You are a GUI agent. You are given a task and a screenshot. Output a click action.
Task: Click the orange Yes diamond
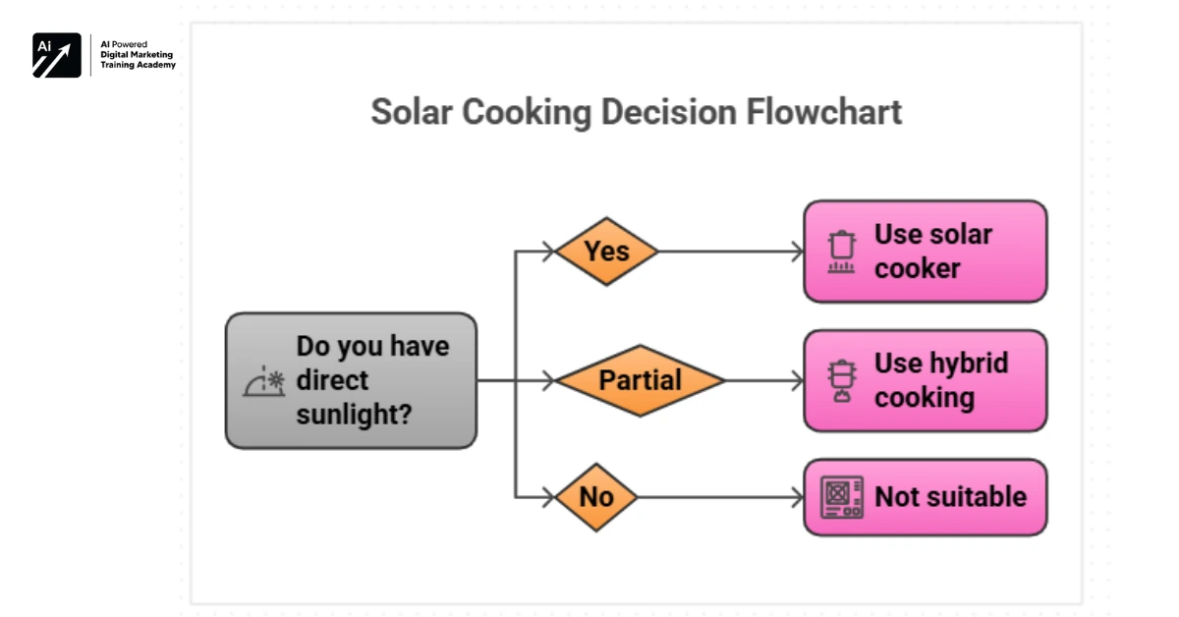pos(606,252)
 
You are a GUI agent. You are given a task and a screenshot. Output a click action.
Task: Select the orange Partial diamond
pos(640,380)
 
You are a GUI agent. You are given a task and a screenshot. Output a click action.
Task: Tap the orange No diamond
pos(596,497)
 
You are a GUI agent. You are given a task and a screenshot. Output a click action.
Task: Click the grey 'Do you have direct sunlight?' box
pos(351,380)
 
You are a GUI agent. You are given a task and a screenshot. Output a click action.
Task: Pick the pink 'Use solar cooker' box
pos(925,252)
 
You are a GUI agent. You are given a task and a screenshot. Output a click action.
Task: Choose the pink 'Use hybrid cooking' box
pos(925,380)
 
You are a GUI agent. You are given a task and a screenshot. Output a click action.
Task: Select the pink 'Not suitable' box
pos(925,497)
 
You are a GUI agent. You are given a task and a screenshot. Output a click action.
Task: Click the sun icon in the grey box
pos(264,382)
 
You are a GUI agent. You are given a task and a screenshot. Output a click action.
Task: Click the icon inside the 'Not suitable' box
pos(842,497)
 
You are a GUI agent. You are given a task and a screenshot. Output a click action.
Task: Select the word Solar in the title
pos(412,112)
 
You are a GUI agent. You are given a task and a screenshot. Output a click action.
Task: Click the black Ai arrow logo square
pos(57,55)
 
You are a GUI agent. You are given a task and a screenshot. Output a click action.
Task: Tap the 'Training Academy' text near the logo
pos(138,65)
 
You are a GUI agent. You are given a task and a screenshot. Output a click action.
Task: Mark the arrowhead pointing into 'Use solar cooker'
pos(797,252)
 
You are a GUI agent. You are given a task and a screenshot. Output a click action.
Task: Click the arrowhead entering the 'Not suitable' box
pos(797,497)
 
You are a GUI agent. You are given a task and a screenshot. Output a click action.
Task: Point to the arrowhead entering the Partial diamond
pos(548,380)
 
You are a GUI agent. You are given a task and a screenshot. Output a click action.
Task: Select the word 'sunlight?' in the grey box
pos(354,414)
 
